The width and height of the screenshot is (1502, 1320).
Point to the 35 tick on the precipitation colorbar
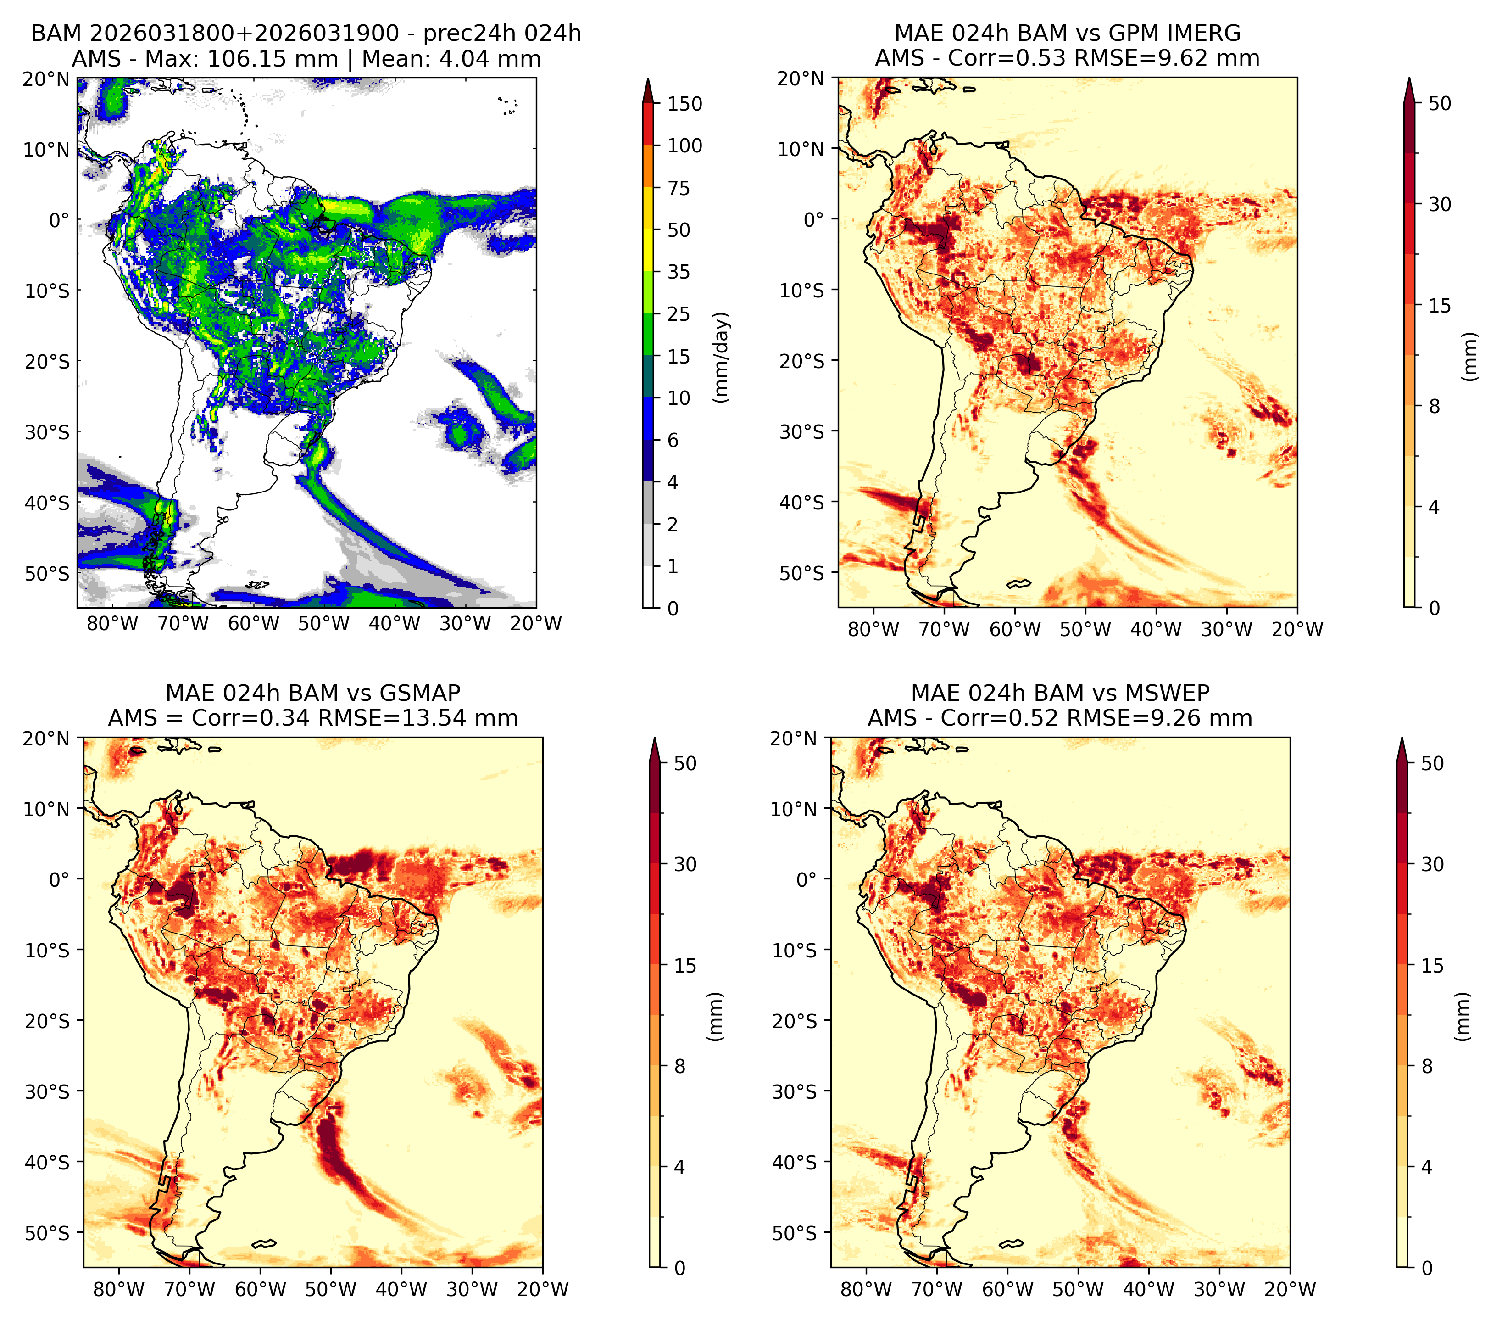[x=678, y=272]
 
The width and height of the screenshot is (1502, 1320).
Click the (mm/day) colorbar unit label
[x=723, y=357]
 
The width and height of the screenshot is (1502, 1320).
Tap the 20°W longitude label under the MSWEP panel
[x=1291, y=1289]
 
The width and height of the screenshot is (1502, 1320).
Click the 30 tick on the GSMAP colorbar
[x=685, y=864]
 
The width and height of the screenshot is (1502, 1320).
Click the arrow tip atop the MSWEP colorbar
[x=1402, y=738]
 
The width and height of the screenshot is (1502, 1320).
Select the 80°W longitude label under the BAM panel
[x=111, y=624]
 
